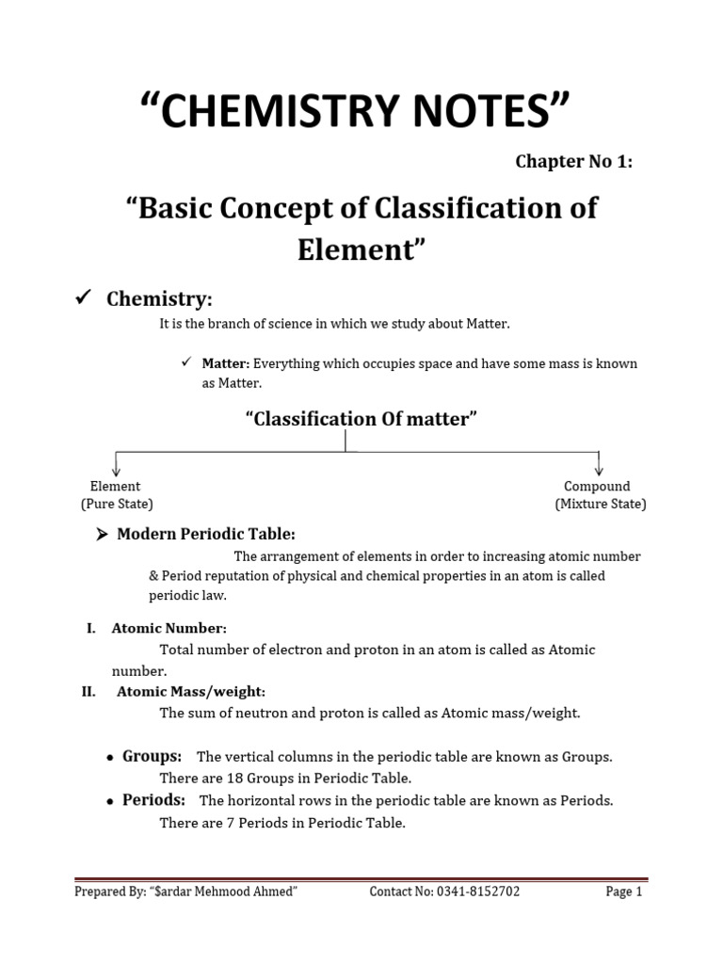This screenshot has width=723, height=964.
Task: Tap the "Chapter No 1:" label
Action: click(573, 161)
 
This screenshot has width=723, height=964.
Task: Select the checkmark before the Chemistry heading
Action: click(82, 299)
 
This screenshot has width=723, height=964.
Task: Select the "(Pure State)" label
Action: click(117, 504)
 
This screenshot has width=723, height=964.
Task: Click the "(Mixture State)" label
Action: click(600, 504)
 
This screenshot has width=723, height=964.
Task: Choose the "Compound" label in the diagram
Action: click(597, 487)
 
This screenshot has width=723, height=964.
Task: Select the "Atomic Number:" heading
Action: click(169, 628)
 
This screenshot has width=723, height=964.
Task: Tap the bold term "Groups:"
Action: click(152, 757)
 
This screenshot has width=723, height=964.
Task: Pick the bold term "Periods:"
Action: click(153, 800)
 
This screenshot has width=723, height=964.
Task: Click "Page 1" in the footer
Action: click(623, 892)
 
